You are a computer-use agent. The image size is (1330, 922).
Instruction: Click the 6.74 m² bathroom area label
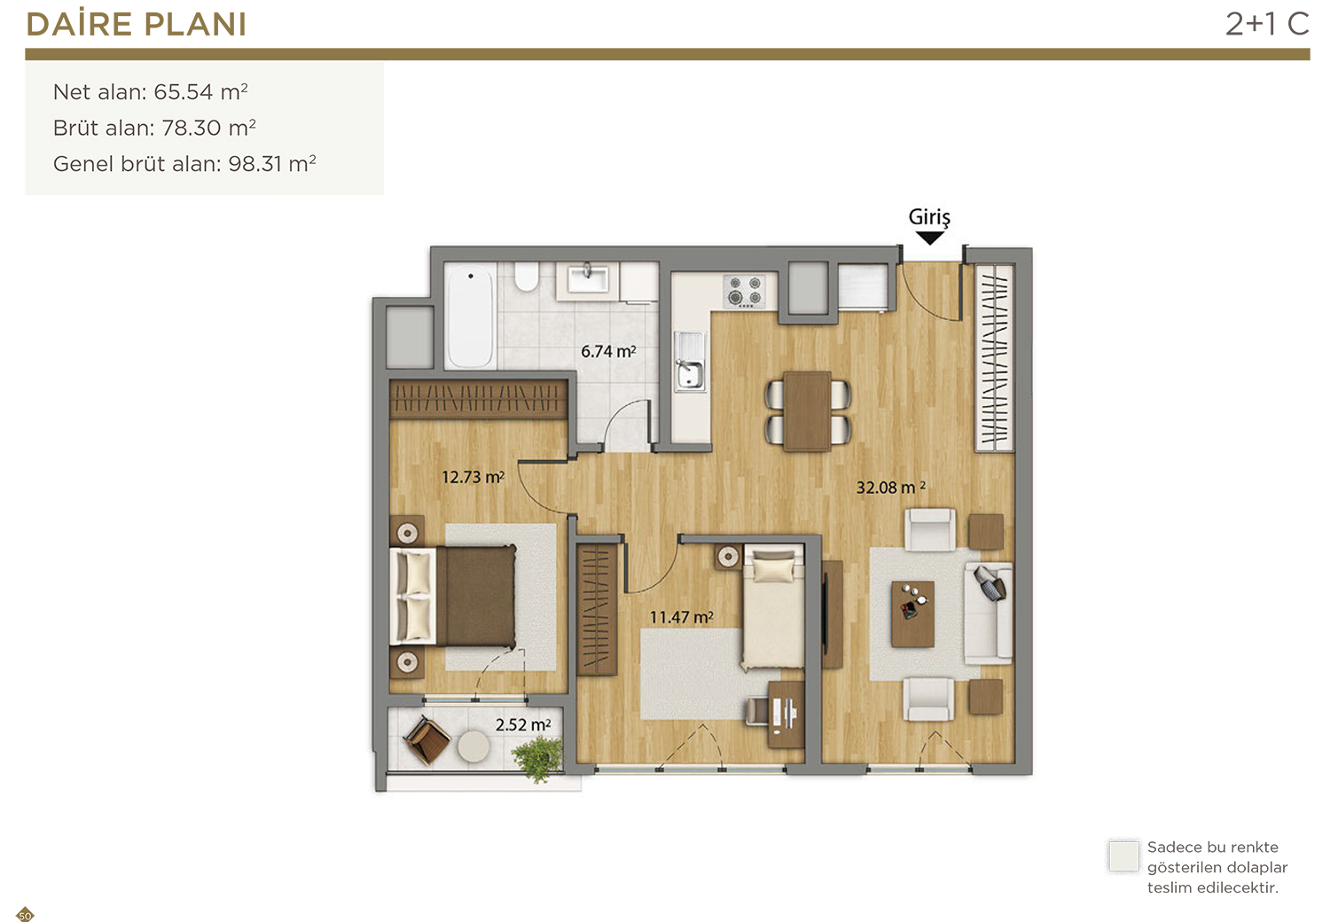608,351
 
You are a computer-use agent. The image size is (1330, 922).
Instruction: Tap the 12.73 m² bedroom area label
473,477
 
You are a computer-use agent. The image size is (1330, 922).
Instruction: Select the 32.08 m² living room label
890,488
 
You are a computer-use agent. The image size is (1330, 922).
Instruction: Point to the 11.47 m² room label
681,617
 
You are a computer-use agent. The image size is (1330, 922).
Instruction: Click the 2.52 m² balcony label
522,725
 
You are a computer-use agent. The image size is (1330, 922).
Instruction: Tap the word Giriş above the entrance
929,217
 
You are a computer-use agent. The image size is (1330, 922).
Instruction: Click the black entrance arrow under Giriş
930,238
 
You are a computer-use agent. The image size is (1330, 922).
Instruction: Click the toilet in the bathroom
526,276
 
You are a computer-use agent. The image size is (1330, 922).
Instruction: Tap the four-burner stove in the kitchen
745,291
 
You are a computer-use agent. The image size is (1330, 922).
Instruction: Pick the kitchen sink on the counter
690,362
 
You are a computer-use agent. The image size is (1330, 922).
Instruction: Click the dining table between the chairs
806,410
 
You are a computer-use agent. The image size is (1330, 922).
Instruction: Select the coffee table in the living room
912,613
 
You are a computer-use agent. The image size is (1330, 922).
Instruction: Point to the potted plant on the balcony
538,758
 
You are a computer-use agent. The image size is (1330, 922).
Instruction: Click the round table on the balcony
473,746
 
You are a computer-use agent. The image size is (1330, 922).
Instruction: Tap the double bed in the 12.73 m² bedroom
452,596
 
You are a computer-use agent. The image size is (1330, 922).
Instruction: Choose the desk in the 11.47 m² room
786,715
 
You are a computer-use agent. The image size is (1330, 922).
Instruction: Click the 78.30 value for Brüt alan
191,128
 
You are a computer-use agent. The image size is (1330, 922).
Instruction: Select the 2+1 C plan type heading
1267,24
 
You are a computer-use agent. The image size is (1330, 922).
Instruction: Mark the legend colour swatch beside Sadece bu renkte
1123,856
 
